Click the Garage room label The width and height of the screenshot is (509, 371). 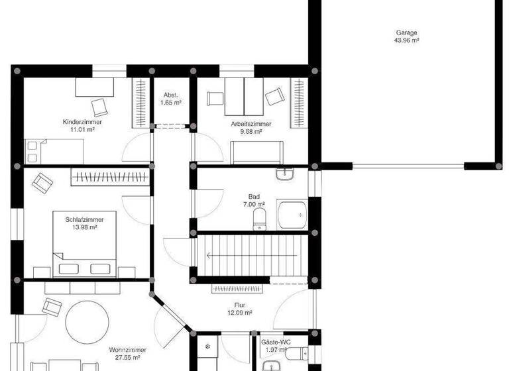pos(407,32)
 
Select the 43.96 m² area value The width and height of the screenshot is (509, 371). pos(407,40)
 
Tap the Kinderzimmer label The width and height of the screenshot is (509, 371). pos(82,123)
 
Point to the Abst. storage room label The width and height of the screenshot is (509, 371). pos(172,95)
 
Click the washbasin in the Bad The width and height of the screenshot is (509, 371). pos(285,175)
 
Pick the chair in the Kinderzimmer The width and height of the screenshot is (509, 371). pos(99,106)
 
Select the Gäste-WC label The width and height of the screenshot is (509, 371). pos(272,342)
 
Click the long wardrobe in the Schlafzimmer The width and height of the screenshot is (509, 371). pos(109,176)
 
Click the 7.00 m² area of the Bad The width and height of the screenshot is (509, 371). pos(254,205)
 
